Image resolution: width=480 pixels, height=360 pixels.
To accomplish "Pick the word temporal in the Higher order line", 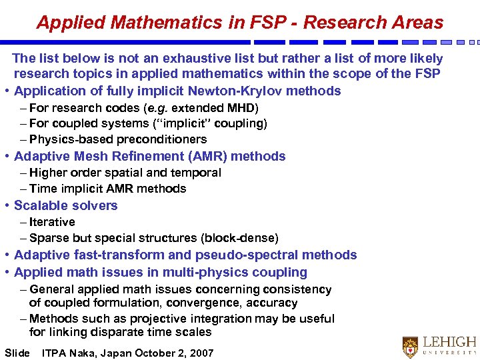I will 197,173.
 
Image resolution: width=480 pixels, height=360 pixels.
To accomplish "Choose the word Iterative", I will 52,223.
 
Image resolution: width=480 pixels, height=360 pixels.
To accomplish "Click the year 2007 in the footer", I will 201,353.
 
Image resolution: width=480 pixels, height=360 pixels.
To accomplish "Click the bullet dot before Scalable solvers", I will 6,206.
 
